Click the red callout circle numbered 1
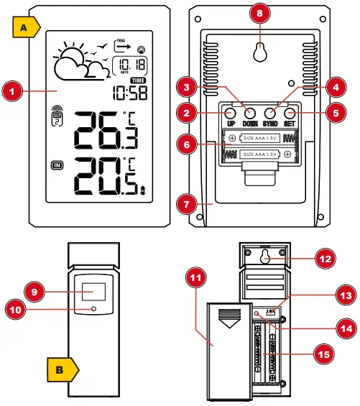point(11,91)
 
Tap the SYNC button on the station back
point(271,113)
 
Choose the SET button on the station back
point(290,113)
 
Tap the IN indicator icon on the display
point(58,166)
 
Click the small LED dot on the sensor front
point(95,310)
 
